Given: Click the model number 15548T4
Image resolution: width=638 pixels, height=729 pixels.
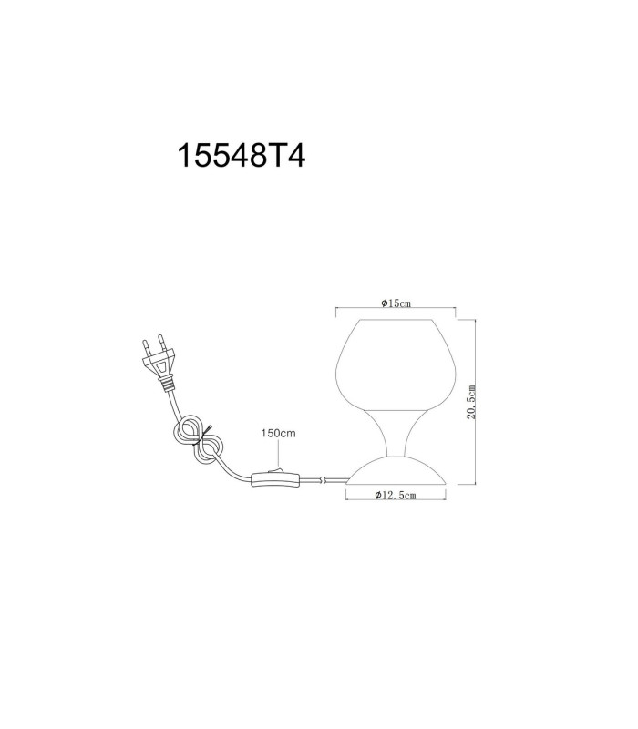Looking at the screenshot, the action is [x=242, y=155].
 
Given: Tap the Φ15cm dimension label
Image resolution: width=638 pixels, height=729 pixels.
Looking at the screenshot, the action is [x=396, y=303].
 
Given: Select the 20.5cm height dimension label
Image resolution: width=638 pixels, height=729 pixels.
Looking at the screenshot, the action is [x=471, y=402].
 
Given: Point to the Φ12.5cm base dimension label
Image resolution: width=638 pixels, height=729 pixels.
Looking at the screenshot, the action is [x=396, y=495].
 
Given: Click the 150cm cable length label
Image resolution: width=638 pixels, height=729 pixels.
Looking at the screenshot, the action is [x=278, y=434].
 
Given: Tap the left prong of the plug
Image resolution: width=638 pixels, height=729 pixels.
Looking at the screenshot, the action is [x=146, y=348].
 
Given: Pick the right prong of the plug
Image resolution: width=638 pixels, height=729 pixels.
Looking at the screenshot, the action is [x=162, y=343].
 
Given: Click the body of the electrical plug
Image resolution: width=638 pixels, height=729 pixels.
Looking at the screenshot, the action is [x=159, y=364].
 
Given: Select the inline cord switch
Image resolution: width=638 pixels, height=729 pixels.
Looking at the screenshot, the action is [x=274, y=479].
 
